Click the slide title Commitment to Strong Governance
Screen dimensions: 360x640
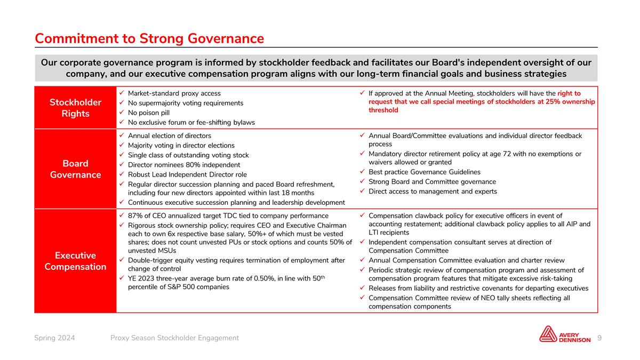[149, 38]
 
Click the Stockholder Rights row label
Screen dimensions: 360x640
[75, 108]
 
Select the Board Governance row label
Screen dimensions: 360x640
[75, 169]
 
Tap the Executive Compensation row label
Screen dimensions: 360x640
[75, 261]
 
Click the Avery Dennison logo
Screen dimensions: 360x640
[565, 334]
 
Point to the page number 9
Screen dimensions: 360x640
[600, 338]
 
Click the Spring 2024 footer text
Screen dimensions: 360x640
[54, 338]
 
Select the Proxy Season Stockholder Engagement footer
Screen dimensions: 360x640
[174, 338]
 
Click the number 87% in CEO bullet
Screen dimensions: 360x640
[136, 216]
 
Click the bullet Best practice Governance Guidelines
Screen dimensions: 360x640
[425, 172]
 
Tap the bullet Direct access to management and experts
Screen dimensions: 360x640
[433, 191]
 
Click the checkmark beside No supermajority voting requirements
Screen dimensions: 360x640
[122, 103]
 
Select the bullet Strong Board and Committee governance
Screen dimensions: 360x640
[432, 182]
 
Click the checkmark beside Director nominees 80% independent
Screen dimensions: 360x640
[122, 165]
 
